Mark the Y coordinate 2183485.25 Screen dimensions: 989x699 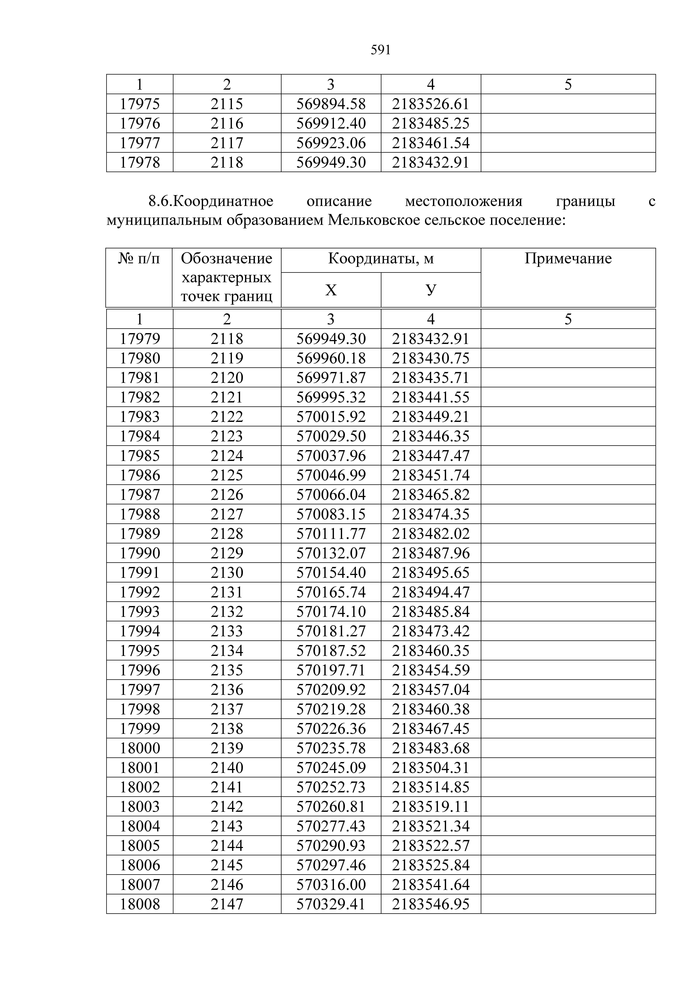(x=431, y=124)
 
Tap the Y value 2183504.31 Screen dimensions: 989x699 (x=431, y=768)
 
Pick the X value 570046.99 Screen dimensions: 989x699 (x=331, y=475)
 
